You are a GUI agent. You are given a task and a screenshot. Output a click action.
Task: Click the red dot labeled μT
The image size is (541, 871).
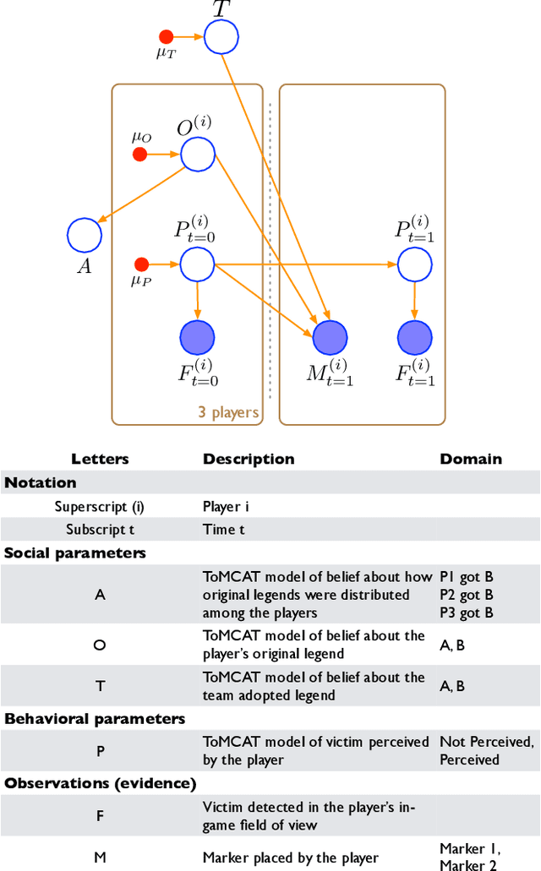[167, 36]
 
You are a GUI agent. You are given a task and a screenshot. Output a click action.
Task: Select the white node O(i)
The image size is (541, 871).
[198, 155]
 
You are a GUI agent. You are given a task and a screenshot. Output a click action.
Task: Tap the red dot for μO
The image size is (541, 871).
[140, 154]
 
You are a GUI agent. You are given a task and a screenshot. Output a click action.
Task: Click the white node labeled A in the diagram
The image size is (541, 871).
[85, 235]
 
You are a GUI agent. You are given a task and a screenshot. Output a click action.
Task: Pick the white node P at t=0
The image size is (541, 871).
[198, 264]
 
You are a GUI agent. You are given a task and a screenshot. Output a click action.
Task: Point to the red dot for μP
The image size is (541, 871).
[142, 264]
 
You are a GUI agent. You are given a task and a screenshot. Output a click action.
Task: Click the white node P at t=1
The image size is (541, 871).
[414, 264]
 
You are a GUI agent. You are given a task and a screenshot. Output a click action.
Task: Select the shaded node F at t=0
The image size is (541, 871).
[198, 338]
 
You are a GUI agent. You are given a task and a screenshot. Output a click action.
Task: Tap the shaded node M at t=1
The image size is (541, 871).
[331, 338]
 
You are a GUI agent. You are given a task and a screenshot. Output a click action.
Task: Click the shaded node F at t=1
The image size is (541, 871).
[414, 338]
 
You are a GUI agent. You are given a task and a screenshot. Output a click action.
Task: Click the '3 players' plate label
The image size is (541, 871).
[228, 413]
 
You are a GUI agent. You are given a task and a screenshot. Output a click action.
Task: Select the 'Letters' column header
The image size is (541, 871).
[100, 460]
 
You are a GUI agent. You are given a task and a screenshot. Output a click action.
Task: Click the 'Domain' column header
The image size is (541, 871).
[470, 460]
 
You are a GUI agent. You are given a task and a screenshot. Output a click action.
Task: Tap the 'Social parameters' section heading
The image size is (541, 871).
[75, 553]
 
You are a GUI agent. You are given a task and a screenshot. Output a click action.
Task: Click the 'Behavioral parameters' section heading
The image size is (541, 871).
[95, 719]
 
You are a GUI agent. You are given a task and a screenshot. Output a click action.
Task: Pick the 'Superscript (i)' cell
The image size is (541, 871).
[100, 507]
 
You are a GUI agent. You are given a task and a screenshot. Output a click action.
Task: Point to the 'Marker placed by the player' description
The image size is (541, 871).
[290, 857]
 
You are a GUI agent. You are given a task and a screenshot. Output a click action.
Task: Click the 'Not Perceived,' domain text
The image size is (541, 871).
[486, 742]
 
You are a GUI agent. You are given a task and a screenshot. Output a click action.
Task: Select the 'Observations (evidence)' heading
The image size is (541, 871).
[101, 783]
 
